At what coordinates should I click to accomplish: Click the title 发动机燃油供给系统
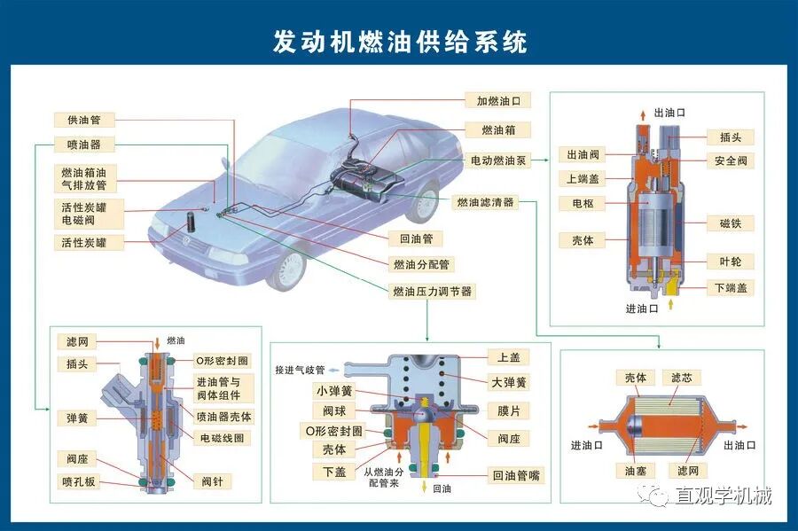click(399, 42)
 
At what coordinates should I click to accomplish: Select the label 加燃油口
click(498, 101)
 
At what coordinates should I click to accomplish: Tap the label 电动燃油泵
click(498, 161)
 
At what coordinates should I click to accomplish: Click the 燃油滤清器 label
click(485, 202)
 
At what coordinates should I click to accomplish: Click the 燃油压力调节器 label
click(432, 291)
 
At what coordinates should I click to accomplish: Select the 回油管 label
click(415, 238)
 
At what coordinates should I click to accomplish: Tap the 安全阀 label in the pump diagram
click(731, 161)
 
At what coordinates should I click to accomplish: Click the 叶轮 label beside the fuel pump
click(731, 262)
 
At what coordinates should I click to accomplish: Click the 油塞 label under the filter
click(635, 470)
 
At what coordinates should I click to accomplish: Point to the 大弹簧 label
click(509, 383)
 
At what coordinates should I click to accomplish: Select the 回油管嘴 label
click(516, 476)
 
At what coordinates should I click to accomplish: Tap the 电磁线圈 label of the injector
click(225, 438)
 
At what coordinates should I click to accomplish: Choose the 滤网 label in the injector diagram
click(77, 341)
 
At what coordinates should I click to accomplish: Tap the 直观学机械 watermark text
click(720, 496)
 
